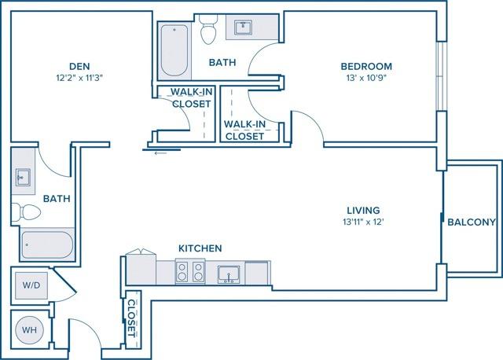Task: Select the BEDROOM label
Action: (x=365, y=66)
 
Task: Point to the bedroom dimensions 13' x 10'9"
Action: (x=365, y=79)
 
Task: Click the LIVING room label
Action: (x=363, y=210)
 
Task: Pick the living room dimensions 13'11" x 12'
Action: (x=363, y=222)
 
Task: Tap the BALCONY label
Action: (x=472, y=222)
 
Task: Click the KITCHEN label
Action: (x=200, y=248)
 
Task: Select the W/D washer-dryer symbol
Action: (x=32, y=285)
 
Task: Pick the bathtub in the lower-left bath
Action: (x=47, y=244)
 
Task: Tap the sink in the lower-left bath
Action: (x=23, y=177)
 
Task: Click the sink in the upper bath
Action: (x=243, y=28)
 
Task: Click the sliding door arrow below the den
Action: (x=161, y=152)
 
